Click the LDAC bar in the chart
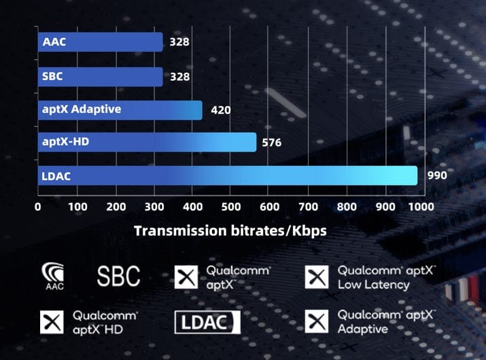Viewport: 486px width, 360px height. click(x=227, y=175)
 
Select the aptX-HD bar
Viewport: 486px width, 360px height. click(x=147, y=142)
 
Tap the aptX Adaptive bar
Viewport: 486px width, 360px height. click(x=120, y=109)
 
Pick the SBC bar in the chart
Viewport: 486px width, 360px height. click(x=100, y=77)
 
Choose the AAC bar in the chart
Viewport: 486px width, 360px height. click(x=100, y=42)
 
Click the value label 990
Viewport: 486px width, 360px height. click(x=436, y=175)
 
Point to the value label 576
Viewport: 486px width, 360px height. click(x=272, y=143)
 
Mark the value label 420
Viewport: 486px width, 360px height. click(x=221, y=110)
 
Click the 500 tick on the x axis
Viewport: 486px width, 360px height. click(x=232, y=206)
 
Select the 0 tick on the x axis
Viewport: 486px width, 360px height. click(x=38, y=206)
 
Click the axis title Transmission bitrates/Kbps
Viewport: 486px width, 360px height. click(x=230, y=230)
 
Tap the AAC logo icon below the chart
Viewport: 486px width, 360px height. click(x=54, y=275)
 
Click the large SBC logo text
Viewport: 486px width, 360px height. click(x=118, y=276)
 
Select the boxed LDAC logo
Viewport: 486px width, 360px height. click(x=207, y=323)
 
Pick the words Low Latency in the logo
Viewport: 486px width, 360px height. click(x=373, y=285)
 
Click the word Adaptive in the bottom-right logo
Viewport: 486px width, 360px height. click(x=363, y=329)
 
